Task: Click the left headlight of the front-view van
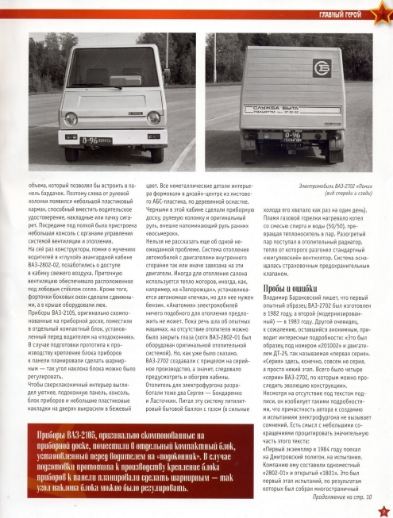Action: point(70,118)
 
